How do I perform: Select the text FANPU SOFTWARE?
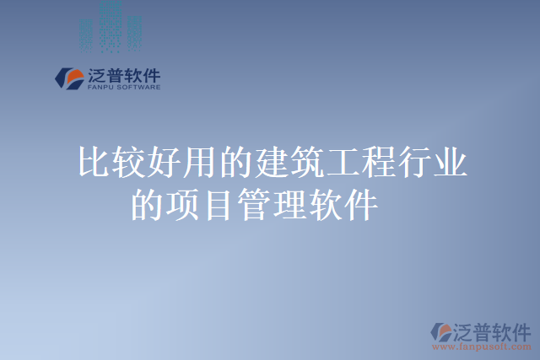coord(123,86)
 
